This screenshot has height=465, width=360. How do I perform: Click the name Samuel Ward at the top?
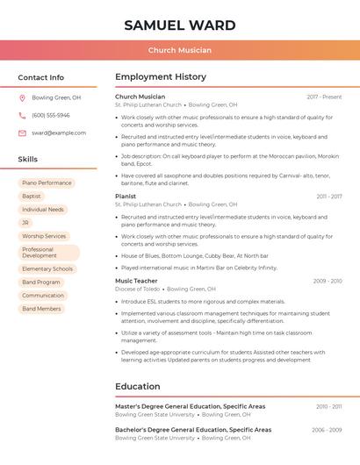click(x=180, y=25)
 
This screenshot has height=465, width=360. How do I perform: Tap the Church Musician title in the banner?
click(x=180, y=50)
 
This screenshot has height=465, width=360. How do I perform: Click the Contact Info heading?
click(x=40, y=77)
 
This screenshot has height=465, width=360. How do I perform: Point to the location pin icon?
click(x=22, y=98)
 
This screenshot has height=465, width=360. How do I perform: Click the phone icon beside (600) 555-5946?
click(x=22, y=116)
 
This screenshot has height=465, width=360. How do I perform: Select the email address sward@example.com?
click(x=59, y=133)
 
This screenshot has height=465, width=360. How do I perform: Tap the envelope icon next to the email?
click(x=22, y=133)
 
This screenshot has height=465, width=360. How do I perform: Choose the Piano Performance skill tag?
click(x=47, y=183)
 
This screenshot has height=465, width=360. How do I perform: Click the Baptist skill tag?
click(x=32, y=197)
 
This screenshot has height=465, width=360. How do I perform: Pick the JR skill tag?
click(x=25, y=223)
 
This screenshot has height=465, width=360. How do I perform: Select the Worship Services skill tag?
click(x=44, y=236)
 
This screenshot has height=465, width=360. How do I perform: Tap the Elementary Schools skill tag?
click(x=47, y=269)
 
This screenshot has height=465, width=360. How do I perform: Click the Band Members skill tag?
click(x=41, y=309)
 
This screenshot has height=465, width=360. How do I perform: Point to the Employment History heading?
click(x=161, y=77)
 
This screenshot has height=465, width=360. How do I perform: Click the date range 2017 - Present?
click(x=324, y=97)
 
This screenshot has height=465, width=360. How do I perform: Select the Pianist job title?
click(x=126, y=197)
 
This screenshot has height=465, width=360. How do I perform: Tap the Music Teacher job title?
click(x=136, y=281)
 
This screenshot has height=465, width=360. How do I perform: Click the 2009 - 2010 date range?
click(x=328, y=281)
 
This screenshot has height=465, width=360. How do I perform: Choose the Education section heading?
click(x=138, y=386)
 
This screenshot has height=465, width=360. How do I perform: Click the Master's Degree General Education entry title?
click(x=190, y=406)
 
